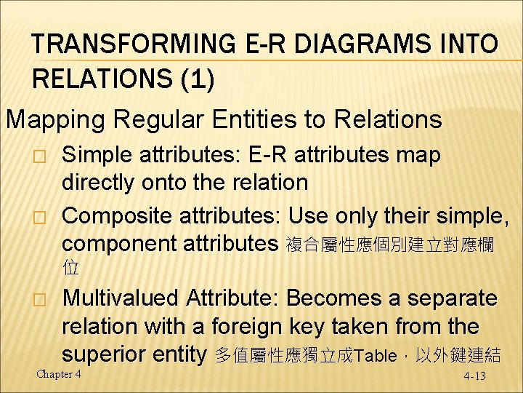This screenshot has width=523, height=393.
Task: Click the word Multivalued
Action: click(x=120, y=298)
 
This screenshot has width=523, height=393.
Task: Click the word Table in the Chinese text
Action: click(x=373, y=356)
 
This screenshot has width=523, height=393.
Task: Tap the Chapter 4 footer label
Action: click(x=59, y=373)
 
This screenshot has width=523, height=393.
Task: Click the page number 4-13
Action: click(x=475, y=376)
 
